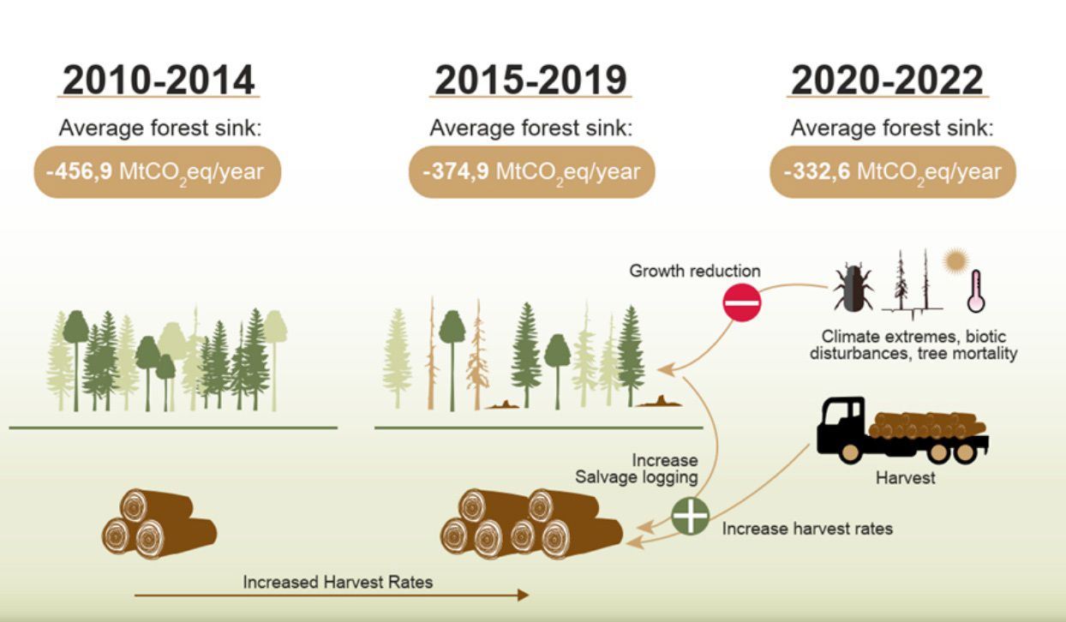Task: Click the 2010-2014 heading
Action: click(159, 80)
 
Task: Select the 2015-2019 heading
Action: click(530, 80)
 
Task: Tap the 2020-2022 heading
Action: click(887, 80)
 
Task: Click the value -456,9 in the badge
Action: click(77, 171)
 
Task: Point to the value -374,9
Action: click(454, 171)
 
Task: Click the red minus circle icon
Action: click(741, 302)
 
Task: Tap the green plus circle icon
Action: click(690, 516)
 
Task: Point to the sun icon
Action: click(954, 261)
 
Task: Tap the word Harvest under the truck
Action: click(905, 478)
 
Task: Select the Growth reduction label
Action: click(695, 272)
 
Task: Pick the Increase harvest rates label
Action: click(807, 529)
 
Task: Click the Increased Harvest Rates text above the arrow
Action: click(338, 582)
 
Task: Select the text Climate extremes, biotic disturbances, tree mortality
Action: click(913, 344)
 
